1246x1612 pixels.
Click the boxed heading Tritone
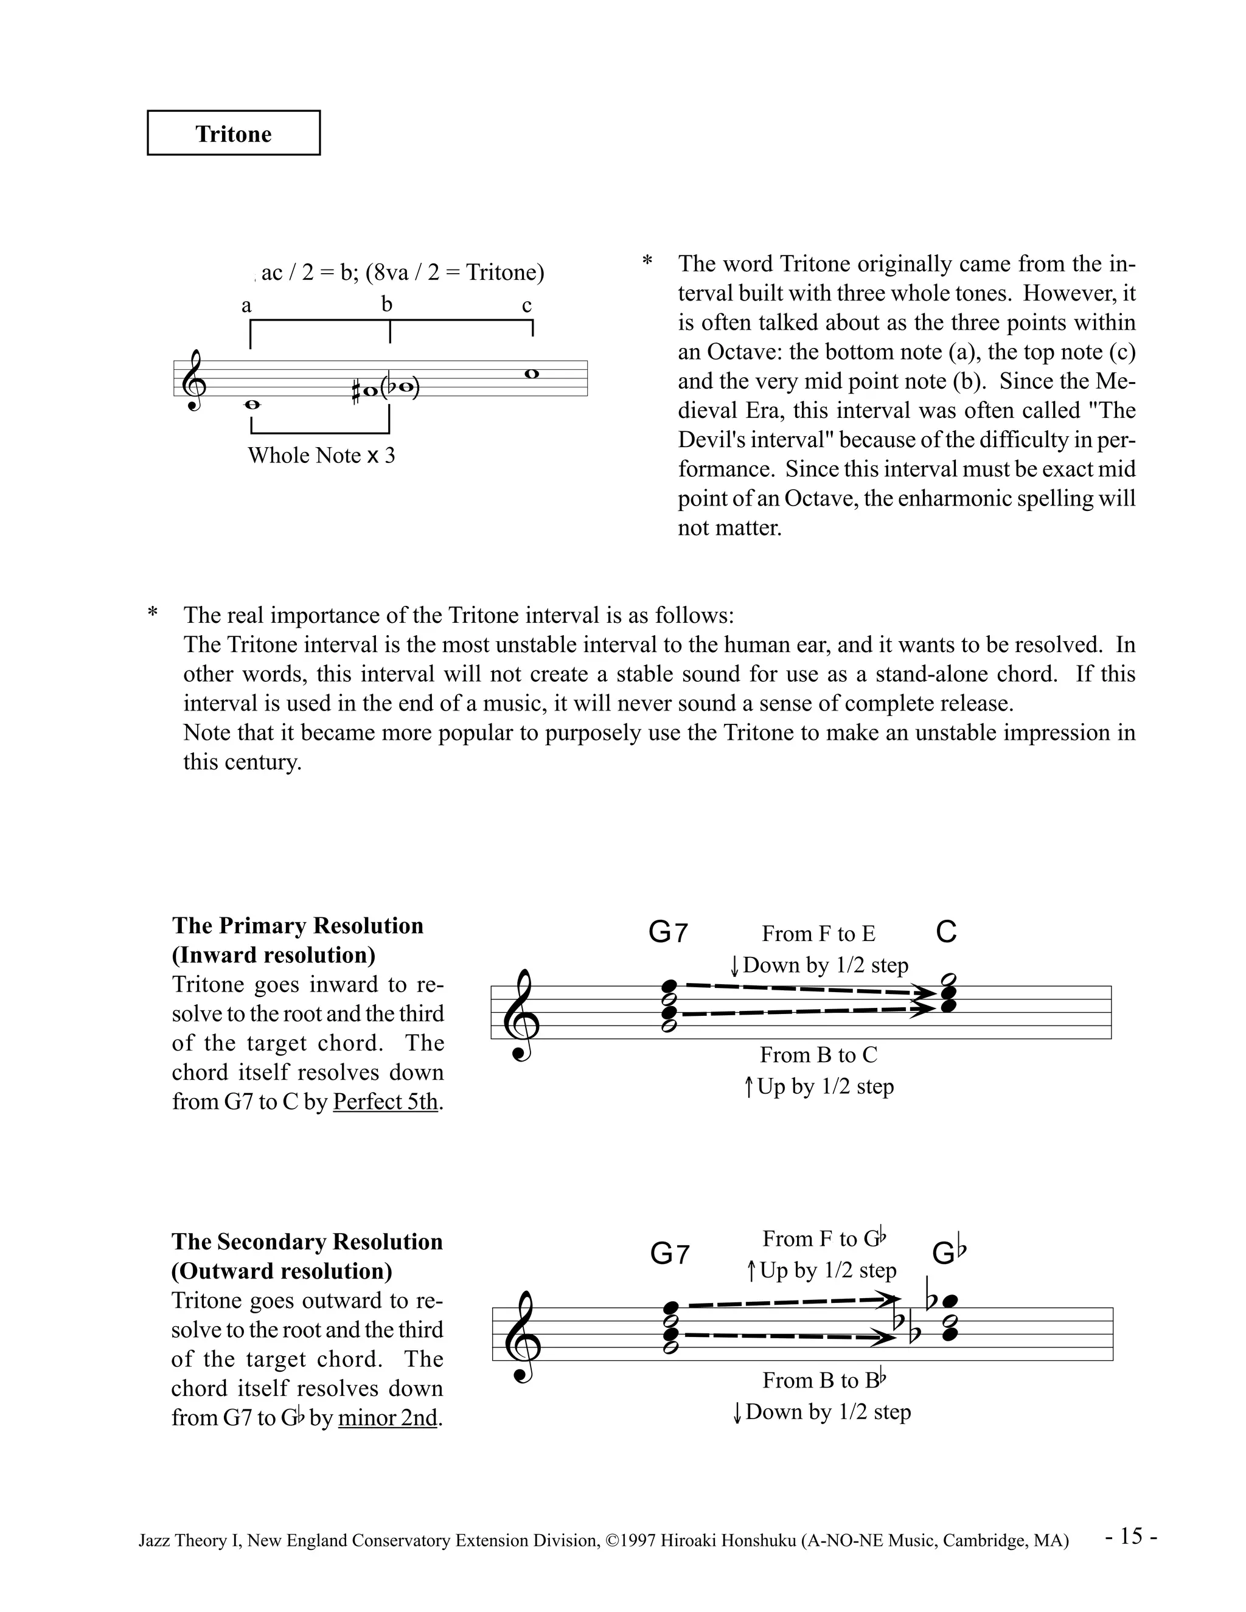pyautogui.click(x=233, y=134)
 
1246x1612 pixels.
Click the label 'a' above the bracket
pyautogui.click(x=246, y=305)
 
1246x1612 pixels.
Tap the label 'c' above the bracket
pyautogui.click(x=527, y=305)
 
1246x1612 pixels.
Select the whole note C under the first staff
pyautogui.click(x=252, y=405)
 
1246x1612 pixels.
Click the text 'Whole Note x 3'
pyautogui.click(x=321, y=456)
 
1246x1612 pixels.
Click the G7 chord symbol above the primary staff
pyautogui.click(x=668, y=933)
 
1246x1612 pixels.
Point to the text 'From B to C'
pyautogui.click(x=819, y=1055)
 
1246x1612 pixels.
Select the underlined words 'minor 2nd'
pyautogui.click(x=388, y=1418)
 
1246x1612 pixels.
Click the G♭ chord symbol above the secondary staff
pyautogui.click(x=948, y=1252)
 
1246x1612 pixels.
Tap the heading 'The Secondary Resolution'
pyautogui.click(x=307, y=1242)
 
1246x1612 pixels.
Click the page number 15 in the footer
pyautogui.click(x=1132, y=1536)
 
